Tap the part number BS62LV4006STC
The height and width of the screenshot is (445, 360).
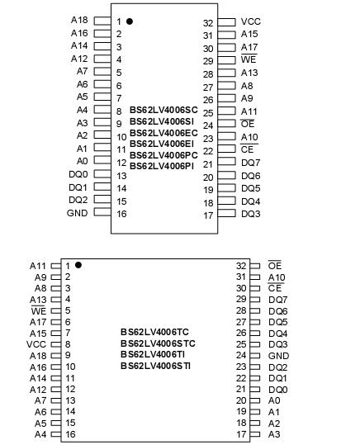[x=158, y=343]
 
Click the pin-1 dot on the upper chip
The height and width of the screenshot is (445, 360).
[x=130, y=21]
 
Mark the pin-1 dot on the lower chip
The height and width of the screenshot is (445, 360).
[x=78, y=265]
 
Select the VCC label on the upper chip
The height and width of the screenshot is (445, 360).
[x=251, y=21]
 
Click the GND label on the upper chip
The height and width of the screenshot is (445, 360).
[x=77, y=213]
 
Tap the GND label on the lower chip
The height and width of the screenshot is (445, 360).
[x=279, y=355]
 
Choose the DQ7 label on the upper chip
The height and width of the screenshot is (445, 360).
[x=251, y=163]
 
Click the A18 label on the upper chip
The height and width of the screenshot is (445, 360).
[x=79, y=19]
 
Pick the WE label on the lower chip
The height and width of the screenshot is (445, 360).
[x=38, y=310]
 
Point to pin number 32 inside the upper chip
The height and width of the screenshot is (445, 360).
[x=208, y=23]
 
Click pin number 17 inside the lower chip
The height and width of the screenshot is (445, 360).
[x=242, y=434]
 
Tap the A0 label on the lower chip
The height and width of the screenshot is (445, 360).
[x=274, y=400]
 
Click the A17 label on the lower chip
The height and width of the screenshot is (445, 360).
[x=38, y=322]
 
